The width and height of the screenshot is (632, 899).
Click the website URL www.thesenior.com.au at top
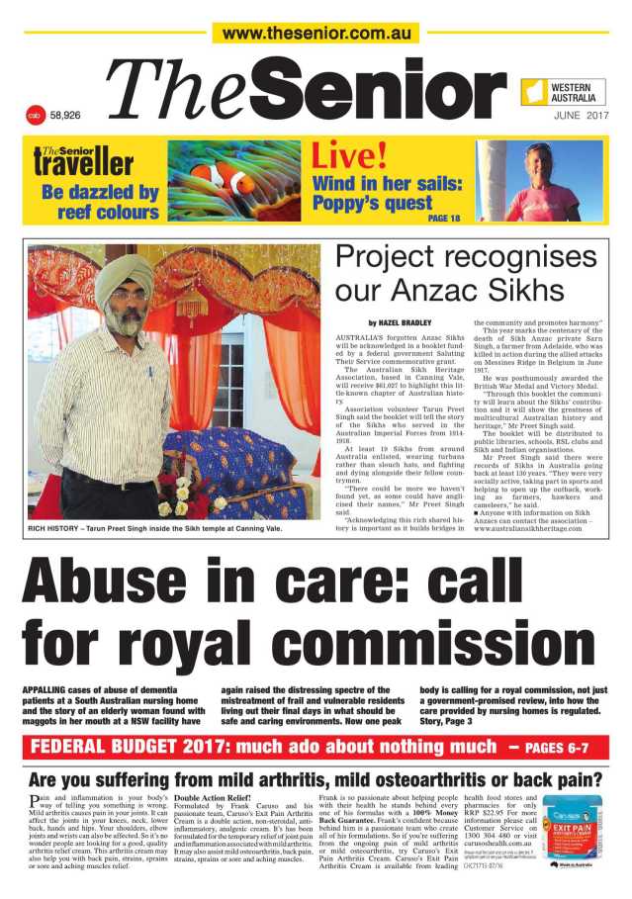click(x=316, y=33)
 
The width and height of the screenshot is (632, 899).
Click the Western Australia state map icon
click(x=536, y=92)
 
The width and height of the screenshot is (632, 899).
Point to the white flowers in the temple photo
click(x=178, y=494)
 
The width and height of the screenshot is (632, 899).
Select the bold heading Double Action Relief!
click(x=210, y=797)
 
